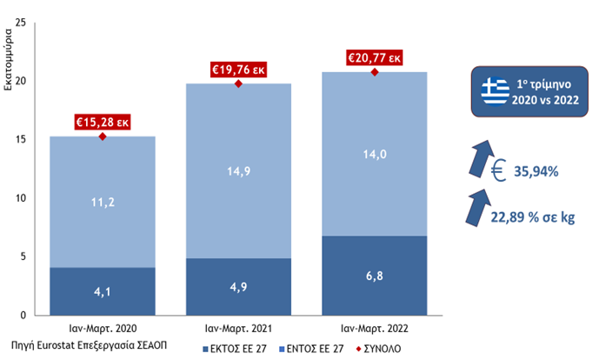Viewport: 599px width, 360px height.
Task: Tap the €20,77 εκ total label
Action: tap(375, 57)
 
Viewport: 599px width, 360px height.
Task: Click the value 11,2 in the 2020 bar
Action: tap(102, 202)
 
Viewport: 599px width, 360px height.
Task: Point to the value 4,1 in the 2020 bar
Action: tap(102, 291)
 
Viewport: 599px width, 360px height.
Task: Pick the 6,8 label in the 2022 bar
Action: tap(375, 275)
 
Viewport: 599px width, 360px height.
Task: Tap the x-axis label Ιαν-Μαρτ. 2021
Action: tap(238, 329)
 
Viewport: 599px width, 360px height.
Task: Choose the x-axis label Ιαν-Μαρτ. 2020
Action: tap(102, 329)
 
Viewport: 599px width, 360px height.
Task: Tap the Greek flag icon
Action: tap(496, 90)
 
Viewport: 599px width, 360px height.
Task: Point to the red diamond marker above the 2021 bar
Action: tap(238, 83)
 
